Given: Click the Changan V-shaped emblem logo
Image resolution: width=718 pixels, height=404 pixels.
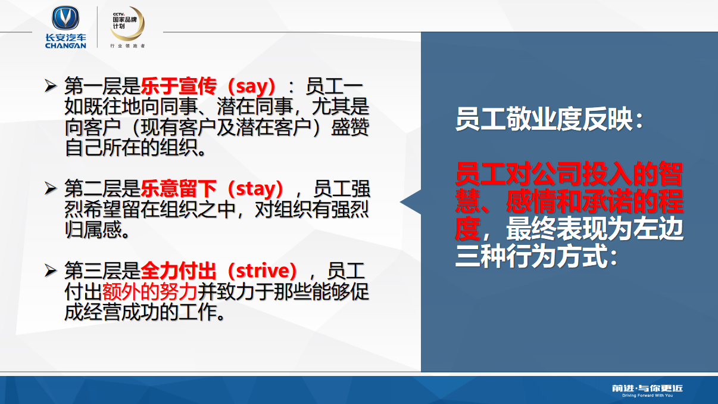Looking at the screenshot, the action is pyautogui.click(x=65, y=18).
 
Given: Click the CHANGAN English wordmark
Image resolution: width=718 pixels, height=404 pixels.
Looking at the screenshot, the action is pyautogui.click(x=65, y=45).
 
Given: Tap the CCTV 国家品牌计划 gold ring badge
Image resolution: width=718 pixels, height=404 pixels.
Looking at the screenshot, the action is pyautogui.click(x=127, y=24).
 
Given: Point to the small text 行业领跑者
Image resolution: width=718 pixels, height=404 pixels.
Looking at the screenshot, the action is pyautogui.click(x=127, y=46).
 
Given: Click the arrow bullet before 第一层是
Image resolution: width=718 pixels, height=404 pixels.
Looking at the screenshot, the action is pyautogui.click(x=51, y=86).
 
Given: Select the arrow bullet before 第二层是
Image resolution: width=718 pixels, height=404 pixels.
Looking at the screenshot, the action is pyautogui.click(x=51, y=188).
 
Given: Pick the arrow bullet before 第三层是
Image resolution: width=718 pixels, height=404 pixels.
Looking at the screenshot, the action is pyautogui.click(x=51, y=270).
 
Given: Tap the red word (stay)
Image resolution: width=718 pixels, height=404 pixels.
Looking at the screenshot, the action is pyautogui.click(x=255, y=189).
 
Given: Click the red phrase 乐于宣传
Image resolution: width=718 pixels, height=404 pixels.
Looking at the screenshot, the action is pyautogui.click(x=179, y=86).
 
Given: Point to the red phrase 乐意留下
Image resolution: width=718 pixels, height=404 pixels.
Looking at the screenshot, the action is pyautogui.click(x=179, y=188).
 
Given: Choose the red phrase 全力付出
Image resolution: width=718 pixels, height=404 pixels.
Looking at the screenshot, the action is pyautogui.click(x=179, y=271).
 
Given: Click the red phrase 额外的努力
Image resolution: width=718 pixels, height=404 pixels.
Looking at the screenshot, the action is pyautogui.click(x=149, y=291).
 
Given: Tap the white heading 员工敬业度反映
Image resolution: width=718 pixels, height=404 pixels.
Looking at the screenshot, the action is pyautogui.click(x=544, y=119).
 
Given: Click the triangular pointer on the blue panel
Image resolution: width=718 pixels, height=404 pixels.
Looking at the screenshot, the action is pyautogui.click(x=411, y=202).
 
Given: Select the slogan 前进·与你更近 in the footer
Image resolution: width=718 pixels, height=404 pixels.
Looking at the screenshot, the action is pyautogui.click(x=647, y=389).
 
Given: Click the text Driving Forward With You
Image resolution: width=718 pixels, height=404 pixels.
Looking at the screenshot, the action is pyautogui.click(x=648, y=396).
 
